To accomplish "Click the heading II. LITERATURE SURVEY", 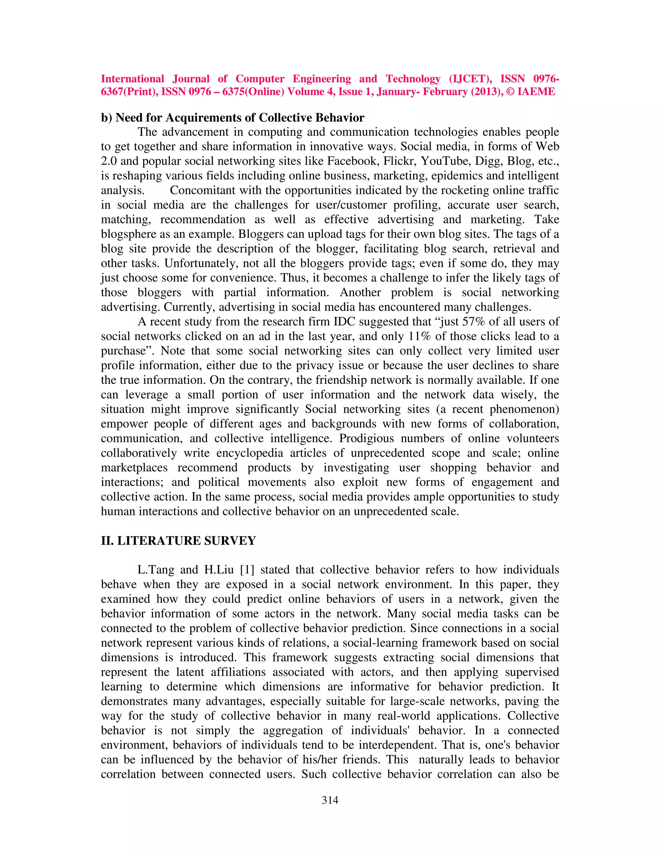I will point(178,541).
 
